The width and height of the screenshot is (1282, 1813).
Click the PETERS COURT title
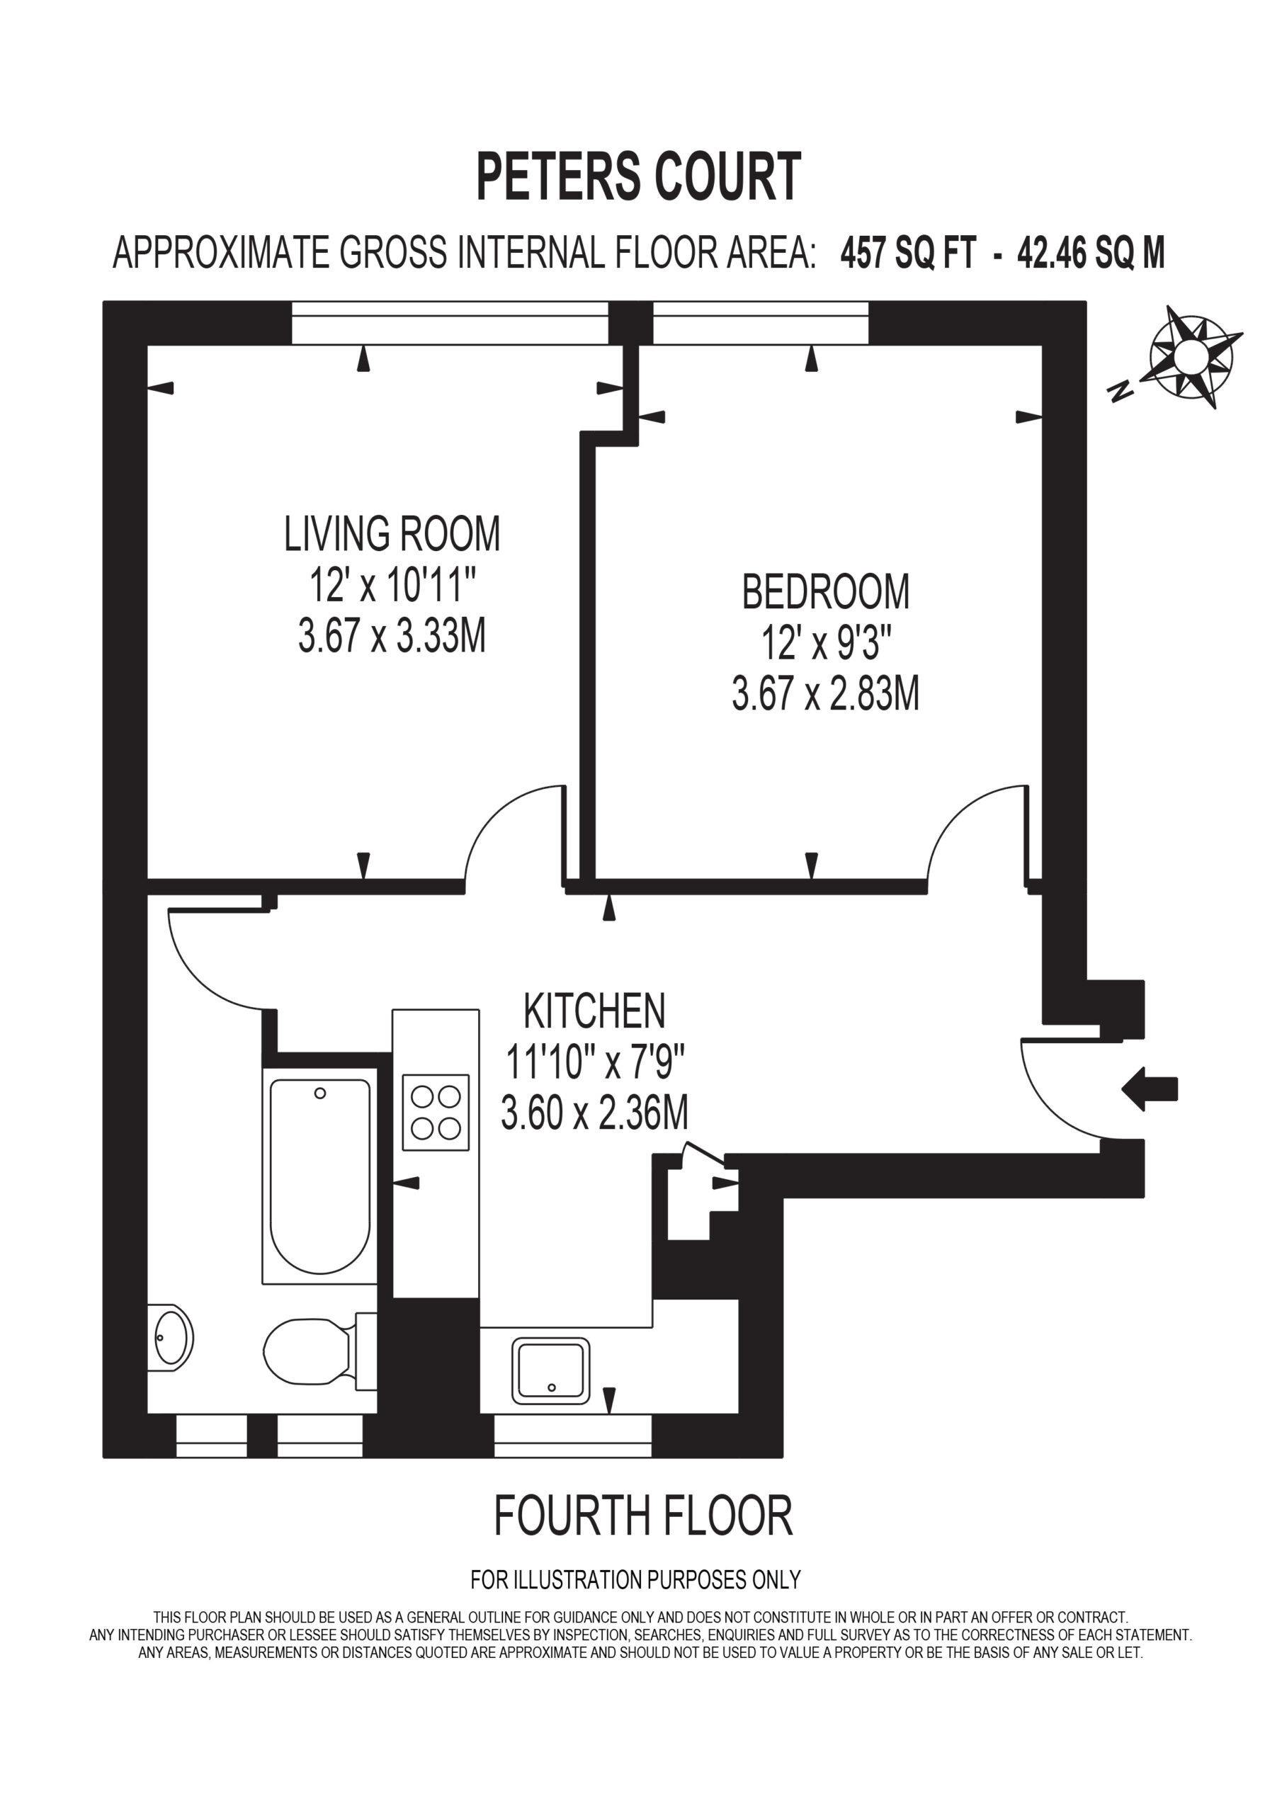click(x=638, y=178)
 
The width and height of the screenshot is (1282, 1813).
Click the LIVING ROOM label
click(x=392, y=534)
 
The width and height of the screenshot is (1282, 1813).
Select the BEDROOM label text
click(x=825, y=592)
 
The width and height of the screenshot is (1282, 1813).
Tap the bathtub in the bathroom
click(x=320, y=1176)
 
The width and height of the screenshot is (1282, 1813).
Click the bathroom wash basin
click(x=170, y=1338)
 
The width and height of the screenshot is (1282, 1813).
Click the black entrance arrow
click(x=1150, y=1089)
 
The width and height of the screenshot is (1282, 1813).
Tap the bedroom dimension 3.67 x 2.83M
click(x=825, y=695)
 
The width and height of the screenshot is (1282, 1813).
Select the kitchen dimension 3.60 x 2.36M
click(x=595, y=1113)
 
